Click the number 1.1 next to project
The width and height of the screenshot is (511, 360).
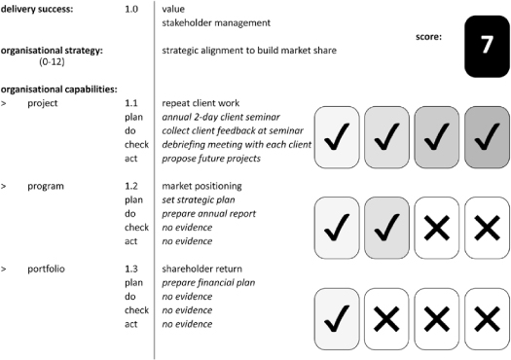click(132, 102)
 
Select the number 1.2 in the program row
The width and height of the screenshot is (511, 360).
click(132, 185)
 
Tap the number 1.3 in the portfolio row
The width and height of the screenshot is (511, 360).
click(132, 269)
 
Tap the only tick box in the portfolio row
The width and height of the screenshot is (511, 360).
click(338, 316)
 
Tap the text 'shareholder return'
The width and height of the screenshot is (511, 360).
click(203, 269)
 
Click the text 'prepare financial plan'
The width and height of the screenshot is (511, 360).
click(210, 282)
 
